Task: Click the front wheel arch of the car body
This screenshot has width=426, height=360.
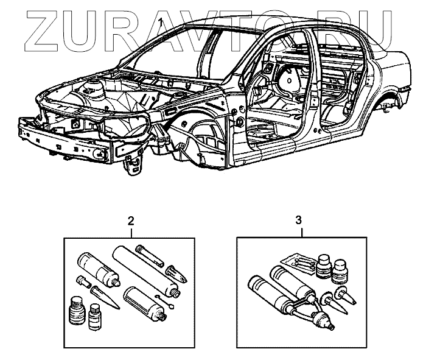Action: pos(195,134)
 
